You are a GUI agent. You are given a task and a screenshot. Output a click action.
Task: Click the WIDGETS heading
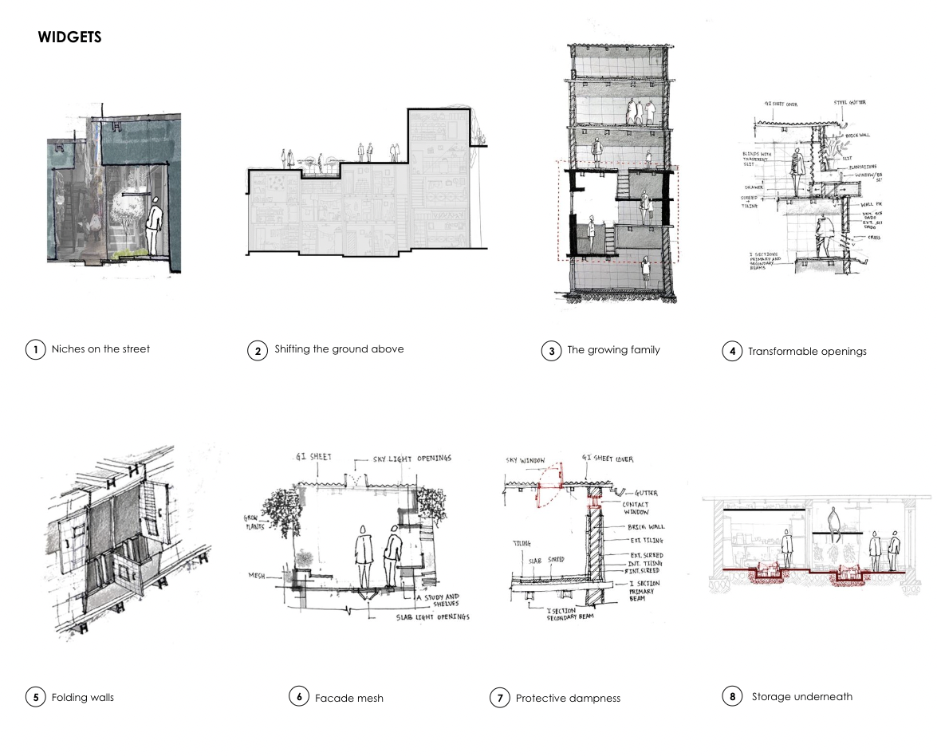[69, 37]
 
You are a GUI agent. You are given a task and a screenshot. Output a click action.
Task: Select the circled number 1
[35, 348]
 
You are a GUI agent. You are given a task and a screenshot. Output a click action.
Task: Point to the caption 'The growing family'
[613, 349]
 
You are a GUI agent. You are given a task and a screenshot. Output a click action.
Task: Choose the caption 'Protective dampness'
[568, 699]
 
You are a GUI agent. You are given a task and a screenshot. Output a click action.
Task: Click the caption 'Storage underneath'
[801, 696]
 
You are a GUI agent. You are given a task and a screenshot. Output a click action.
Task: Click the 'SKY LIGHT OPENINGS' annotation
[412, 459]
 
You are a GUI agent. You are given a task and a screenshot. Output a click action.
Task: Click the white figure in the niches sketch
[159, 226]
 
